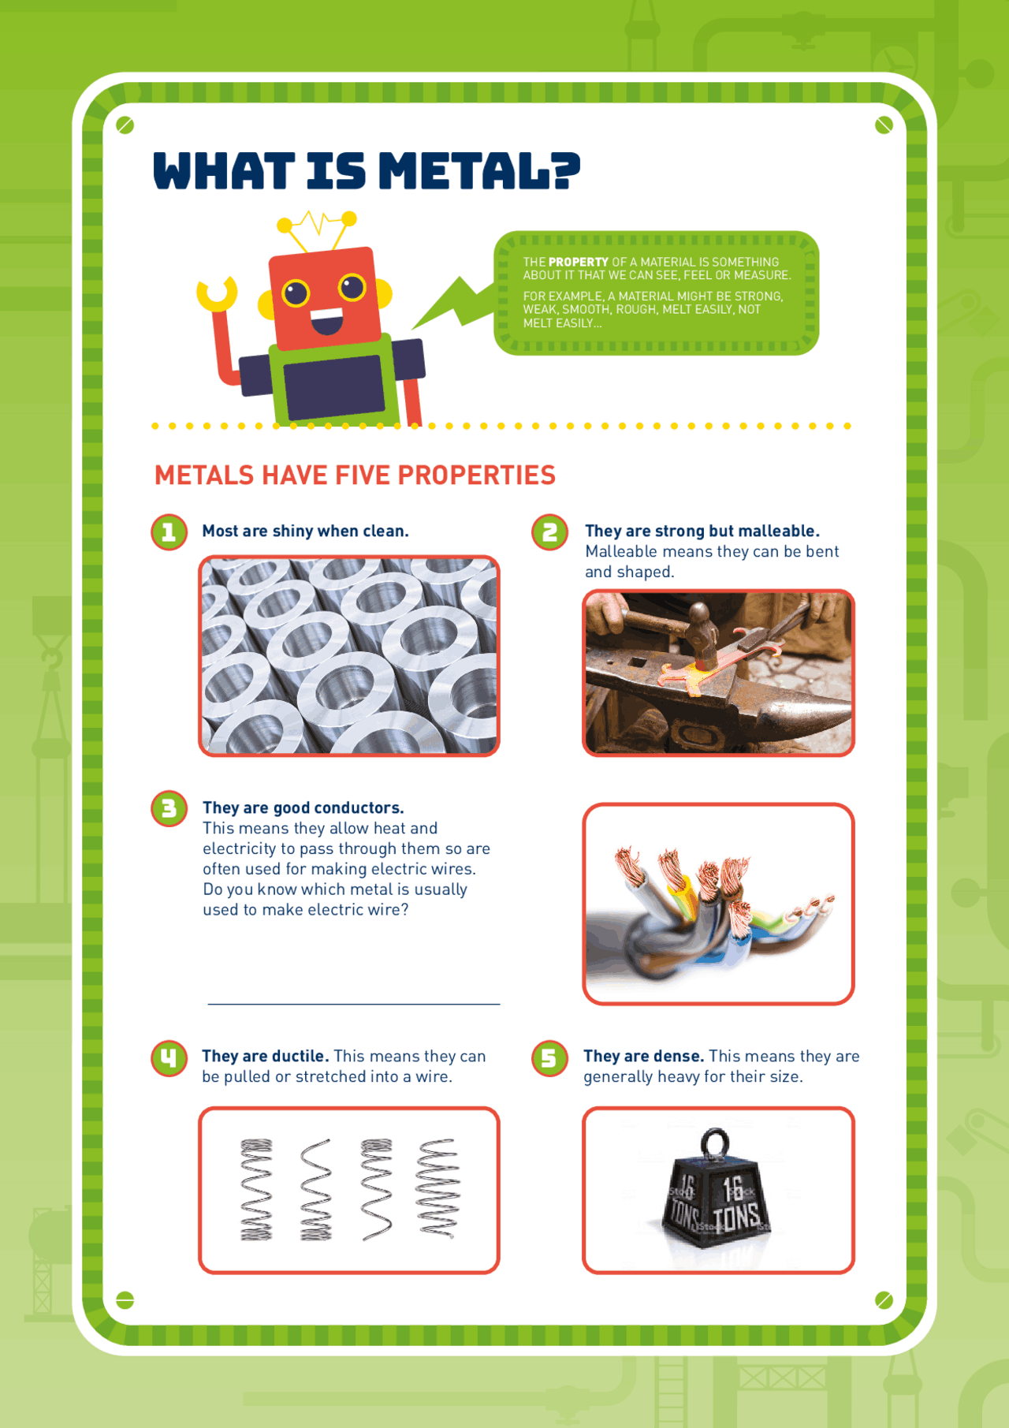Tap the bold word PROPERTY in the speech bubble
(578, 262)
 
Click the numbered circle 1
(169, 532)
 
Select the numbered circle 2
(549, 532)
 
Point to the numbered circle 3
(169, 808)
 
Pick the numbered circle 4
(169, 1057)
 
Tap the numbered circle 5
(549, 1057)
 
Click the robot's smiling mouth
(326, 320)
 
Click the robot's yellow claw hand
(216, 293)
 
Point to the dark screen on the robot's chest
(334, 387)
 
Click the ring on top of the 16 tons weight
(715, 1142)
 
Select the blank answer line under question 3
(353, 1003)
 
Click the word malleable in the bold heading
(778, 531)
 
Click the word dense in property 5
(677, 1056)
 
